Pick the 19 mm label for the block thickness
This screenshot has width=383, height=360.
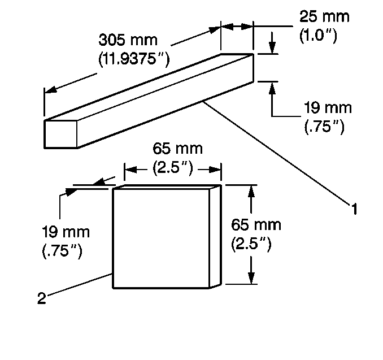[x=66, y=232]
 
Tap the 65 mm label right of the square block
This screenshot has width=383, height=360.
[x=256, y=225]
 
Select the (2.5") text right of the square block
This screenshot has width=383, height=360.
[x=251, y=244]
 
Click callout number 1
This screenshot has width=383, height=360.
[x=354, y=210]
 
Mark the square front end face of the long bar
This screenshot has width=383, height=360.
[x=60, y=133]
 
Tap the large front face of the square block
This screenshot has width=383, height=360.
[x=162, y=237]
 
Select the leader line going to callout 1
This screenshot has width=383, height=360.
[x=277, y=153]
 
